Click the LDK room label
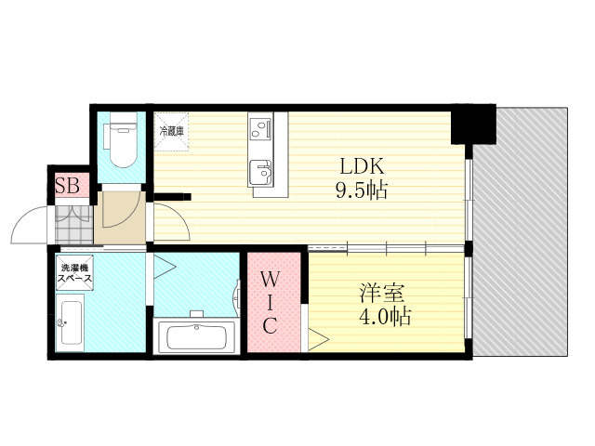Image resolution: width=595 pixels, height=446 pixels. click(x=362, y=165)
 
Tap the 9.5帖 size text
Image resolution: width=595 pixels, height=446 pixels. click(x=362, y=190)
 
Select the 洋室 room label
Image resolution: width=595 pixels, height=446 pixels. click(x=382, y=293)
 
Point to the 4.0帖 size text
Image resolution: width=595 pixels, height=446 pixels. click(x=385, y=316)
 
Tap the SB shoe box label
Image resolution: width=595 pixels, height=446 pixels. click(x=67, y=186)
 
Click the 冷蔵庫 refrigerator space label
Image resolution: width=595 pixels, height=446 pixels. click(x=171, y=132)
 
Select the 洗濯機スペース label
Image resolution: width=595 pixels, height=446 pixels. click(x=74, y=273)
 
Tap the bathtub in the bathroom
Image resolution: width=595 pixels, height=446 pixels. click(x=196, y=336)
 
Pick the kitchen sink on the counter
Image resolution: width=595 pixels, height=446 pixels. click(x=260, y=173)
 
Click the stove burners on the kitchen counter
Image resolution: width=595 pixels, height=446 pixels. click(x=259, y=129)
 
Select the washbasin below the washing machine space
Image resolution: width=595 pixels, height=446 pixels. click(x=71, y=322)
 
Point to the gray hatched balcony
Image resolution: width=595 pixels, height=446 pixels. click(x=521, y=231)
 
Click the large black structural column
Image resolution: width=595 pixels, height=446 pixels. click(x=473, y=124)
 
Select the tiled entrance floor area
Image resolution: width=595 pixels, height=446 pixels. click(x=74, y=225)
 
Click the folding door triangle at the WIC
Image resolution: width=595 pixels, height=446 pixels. click(x=318, y=340)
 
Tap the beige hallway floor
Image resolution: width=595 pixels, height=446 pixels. click(x=120, y=217)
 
